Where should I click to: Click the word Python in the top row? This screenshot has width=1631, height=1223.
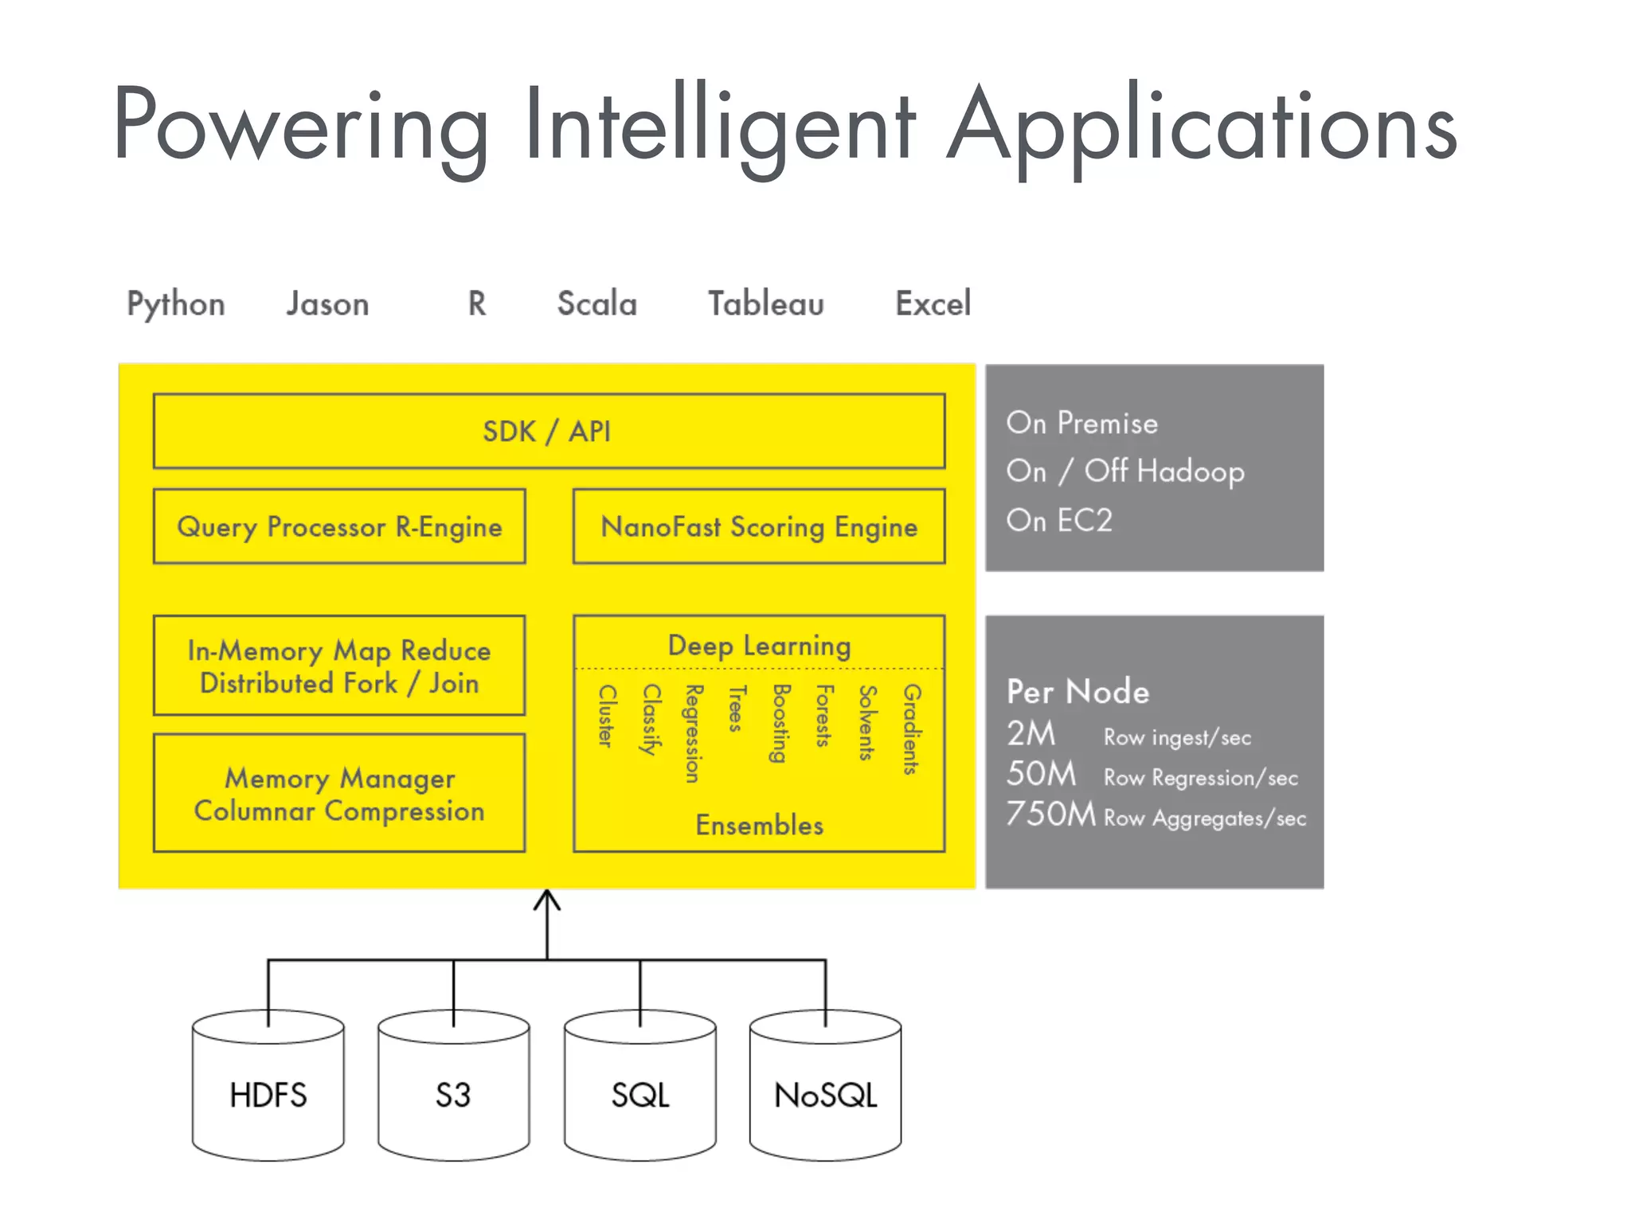point(176,304)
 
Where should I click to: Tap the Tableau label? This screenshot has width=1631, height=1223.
point(765,303)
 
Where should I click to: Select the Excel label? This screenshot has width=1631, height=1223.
point(933,303)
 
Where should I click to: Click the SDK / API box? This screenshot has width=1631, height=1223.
point(548,431)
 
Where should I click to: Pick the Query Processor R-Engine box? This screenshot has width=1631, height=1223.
point(339,526)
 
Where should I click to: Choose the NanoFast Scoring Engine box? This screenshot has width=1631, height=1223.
point(759,526)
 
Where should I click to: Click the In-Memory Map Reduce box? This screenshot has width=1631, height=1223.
point(339,666)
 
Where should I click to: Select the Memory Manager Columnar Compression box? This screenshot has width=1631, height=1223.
point(339,793)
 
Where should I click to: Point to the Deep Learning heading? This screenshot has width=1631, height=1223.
point(759,645)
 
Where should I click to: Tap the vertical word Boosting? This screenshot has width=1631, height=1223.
point(780,723)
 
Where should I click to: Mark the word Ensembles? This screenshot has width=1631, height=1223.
point(759,825)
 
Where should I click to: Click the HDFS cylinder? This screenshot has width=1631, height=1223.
point(268,1094)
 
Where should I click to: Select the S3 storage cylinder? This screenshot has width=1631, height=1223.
point(453,1094)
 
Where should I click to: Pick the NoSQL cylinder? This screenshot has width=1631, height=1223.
point(826,1094)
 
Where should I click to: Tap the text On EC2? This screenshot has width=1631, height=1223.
point(1058,520)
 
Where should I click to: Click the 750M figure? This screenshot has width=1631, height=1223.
point(1050,814)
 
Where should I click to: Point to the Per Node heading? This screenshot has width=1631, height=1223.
point(1078,691)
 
